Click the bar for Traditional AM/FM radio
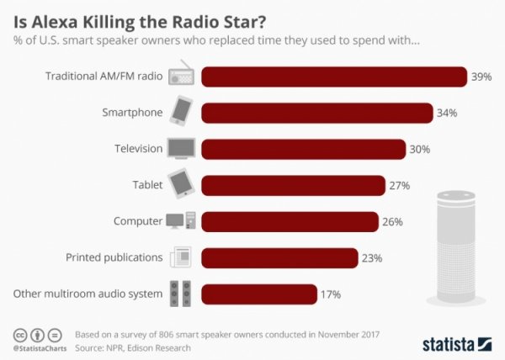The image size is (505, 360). coord(334,77)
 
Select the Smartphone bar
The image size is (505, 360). coord(317,113)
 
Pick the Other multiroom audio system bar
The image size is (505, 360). coord(258,294)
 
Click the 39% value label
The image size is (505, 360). coord(481,77)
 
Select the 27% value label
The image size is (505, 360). coord(399,185)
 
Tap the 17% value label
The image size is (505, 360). coord(329,294)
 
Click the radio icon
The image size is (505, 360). coord(182,76)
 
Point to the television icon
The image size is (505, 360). coord(181,149)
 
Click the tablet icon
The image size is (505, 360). coord(181,184)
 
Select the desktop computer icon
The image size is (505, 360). coord(181,221)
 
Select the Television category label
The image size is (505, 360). coord(138,149)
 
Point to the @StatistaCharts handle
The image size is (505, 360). coord(40,347)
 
